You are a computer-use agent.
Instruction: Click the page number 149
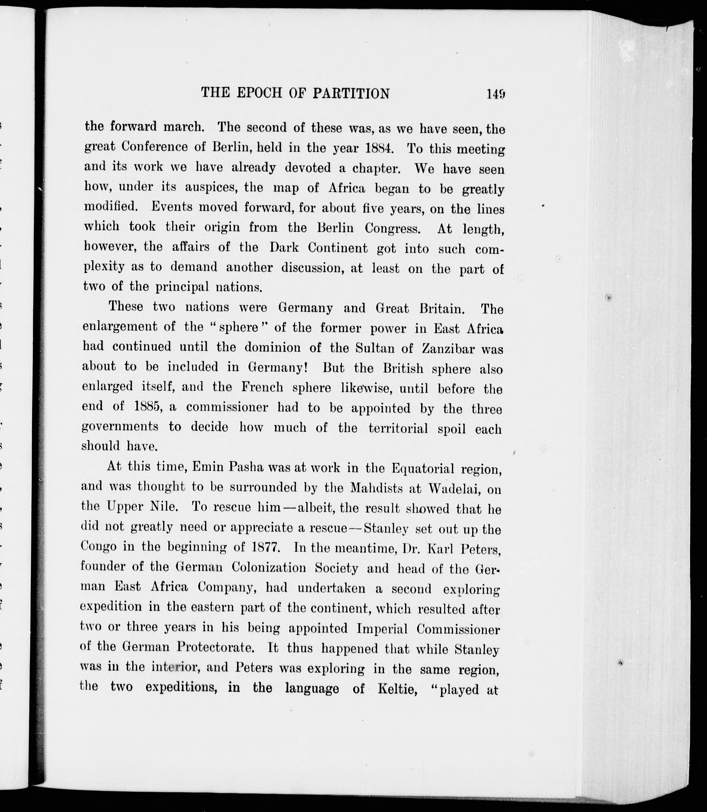(496, 94)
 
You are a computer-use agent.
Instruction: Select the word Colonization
(269, 567)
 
